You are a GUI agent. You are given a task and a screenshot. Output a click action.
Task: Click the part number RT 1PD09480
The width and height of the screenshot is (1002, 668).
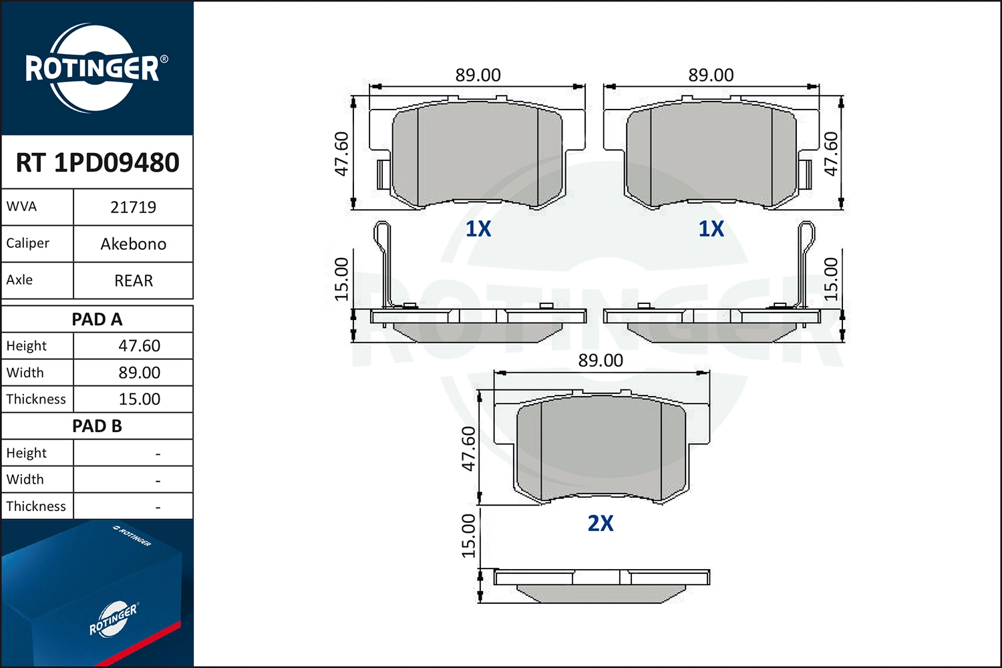tap(98, 162)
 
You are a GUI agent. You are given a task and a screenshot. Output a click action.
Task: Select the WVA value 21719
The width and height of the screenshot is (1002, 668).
tap(134, 207)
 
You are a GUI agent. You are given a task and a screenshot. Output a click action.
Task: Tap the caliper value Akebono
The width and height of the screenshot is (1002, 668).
tap(134, 244)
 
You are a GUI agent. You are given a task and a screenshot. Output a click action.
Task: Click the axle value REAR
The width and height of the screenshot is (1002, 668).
tap(134, 281)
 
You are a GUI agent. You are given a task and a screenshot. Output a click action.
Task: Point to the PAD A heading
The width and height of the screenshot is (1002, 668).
tap(97, 319)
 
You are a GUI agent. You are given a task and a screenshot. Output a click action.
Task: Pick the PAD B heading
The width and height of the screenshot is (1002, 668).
tap(97, 426)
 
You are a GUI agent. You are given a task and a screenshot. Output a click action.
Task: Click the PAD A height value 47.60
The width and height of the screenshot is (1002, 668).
tap(139, 346)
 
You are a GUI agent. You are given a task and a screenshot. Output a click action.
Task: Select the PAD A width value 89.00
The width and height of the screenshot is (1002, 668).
tap(139, 373)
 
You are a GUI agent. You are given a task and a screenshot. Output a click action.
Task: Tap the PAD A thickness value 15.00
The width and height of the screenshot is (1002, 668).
tap(139, 399)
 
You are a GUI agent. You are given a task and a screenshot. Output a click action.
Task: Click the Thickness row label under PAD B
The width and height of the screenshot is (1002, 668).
tap(36, 506)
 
